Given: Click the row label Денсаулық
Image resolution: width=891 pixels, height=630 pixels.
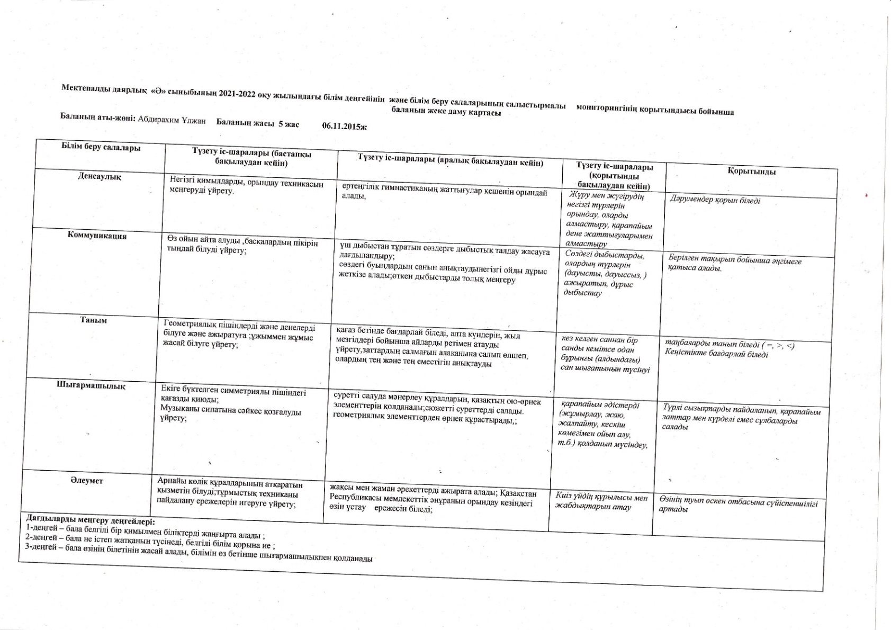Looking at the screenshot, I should (x=100, y=176).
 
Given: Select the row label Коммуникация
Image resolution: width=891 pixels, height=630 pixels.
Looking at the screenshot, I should (x=97, y=236).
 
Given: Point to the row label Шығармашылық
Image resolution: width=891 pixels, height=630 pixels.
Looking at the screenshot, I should (x=91, y=385).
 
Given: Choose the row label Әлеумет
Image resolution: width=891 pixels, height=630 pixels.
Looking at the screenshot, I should (x=87, y=480).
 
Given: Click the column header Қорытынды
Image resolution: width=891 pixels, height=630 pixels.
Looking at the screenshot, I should (x=751, y=172).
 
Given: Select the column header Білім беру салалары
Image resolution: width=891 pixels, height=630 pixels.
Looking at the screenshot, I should (x=101, y=147).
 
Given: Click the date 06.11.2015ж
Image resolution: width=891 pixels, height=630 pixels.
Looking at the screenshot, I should (x=344, y=127).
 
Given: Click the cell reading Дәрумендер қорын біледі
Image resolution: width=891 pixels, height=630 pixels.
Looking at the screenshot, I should (x=715, y=200).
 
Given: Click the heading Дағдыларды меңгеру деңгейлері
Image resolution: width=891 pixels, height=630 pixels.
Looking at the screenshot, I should (x=88, y=520).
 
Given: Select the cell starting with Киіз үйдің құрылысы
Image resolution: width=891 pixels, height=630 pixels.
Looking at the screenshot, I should (x=601, y=502).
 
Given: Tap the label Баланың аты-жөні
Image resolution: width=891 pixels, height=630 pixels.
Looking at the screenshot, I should (x=98, y=117).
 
